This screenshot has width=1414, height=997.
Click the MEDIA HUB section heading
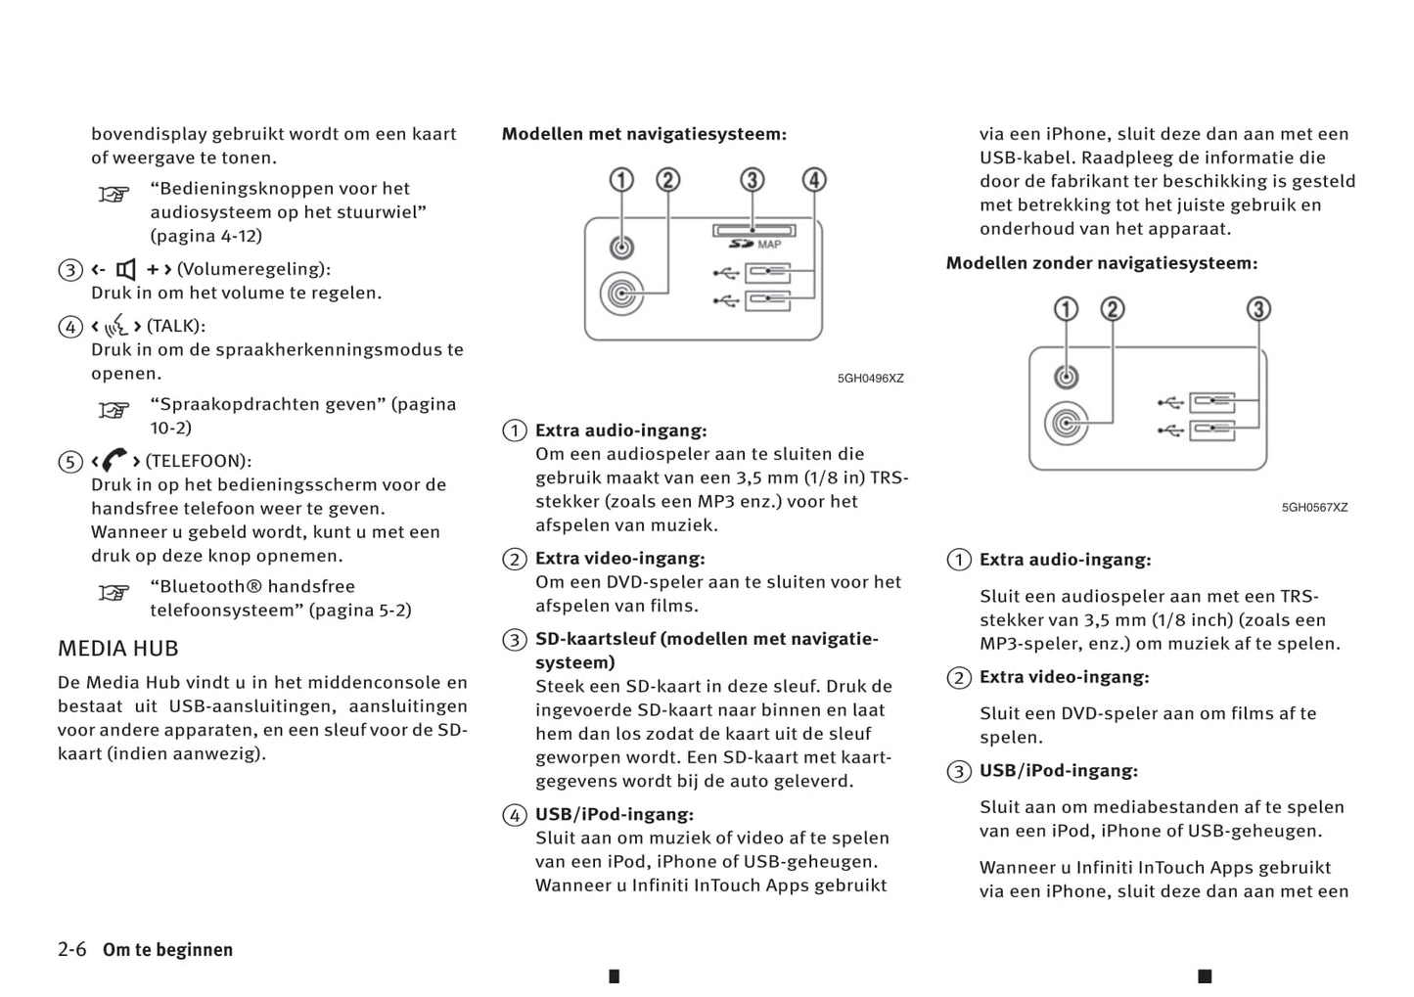click(117, 649)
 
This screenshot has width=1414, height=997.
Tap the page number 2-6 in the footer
click(72, 949)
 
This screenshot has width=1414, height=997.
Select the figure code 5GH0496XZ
click(870, 379)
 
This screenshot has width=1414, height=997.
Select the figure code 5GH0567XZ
click(1314, 508)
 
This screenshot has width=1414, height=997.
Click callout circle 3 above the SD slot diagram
click(752, 180)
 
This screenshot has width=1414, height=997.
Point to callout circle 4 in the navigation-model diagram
click(814, 180)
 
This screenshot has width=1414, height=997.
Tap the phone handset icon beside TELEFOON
click(115, 460)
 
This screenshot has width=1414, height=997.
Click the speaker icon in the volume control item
click(126, 269)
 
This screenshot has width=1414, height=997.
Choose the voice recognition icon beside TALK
click(116, 326)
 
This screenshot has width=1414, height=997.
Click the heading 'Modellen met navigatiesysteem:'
click(644, 134)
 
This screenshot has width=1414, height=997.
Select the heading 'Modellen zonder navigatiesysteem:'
click(1101, 263)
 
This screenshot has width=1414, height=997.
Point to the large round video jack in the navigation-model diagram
click(621, 293)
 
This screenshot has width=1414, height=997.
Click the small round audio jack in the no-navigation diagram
click(1067, 377)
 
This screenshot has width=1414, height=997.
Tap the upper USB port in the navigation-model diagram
click(767, 272)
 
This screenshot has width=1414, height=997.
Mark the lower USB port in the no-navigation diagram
click(1211, 430)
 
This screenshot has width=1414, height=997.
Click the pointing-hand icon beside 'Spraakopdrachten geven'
click(114, 410)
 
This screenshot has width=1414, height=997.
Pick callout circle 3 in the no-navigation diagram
click(1258, 309)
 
